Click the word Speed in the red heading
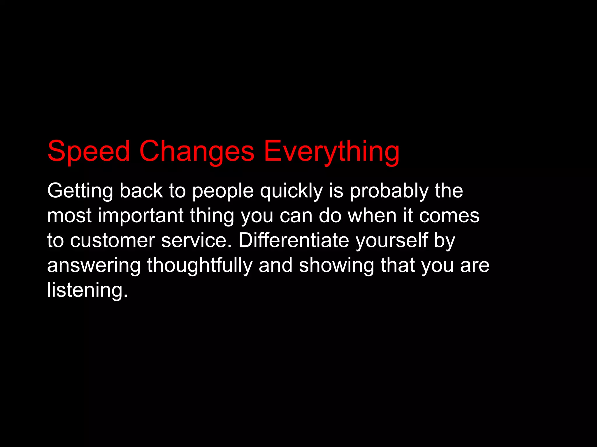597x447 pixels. pyautogui.click(x=88, y=151)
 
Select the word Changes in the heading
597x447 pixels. pyautogui.click(x=197, y=151)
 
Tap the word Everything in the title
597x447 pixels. pyautogui.click(x=331, y=151)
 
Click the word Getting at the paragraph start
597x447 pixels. pyautogui.click(x=80, y=191)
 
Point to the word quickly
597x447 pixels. pyautogui.click(x=291, y=191)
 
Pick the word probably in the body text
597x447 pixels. pyautogui.click(x=389, y=191)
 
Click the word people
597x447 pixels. pyautogui.click(x=223, y=191)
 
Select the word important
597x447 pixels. pyautogui.click(x=141, y=216)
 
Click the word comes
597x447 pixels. pyautogui.click(x=449, y=216)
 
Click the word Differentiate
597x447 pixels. pyautogui.click(x=294, y=241)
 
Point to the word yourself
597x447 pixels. pyautogui.click(x=391, y=241)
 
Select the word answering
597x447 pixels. pyautogui.click(x=94, y=265)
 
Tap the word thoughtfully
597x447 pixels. pyautogui.click(x=200, y=265)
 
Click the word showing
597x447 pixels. pyautogui.click(x=336, y=265)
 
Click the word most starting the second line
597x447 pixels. pyautogui.click(x=69, y=216)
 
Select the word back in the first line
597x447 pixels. pyautogui.click(x=141, y=191)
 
